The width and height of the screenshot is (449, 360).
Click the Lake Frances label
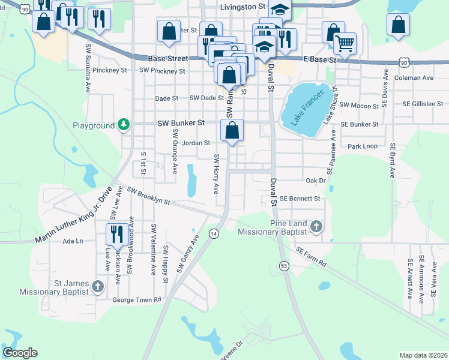307,107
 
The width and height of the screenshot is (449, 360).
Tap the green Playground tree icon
124,125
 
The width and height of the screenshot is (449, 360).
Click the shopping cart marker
345,43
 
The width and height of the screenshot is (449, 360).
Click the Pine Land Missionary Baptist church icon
316,227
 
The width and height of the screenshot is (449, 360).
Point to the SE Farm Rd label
310,256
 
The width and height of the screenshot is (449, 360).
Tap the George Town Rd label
137,299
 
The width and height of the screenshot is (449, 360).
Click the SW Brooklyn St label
149,196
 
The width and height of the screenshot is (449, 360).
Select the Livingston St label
243,7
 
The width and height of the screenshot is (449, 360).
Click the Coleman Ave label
414,78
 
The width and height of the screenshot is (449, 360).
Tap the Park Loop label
363,146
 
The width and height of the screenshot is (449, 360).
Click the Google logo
20,353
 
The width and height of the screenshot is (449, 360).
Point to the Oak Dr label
315,180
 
